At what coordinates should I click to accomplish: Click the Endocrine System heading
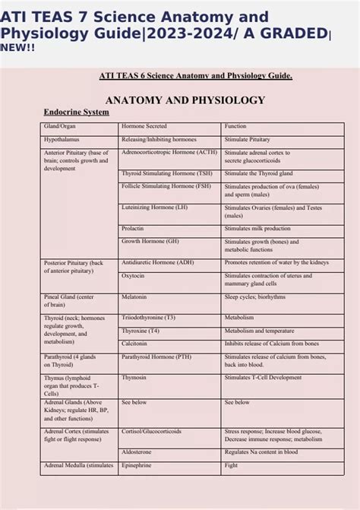[x=77, y=112]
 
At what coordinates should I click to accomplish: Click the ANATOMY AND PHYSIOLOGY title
[x=185, y=100]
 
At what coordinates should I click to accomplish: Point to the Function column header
[x=236, y=126]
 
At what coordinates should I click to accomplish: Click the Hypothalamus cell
[x=63, y=140]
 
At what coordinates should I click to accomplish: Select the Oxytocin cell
[x=134, y=276]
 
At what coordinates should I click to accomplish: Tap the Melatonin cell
[x=135, y=297]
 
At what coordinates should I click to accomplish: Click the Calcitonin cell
[x=135, y=344]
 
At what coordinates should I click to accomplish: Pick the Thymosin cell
[x=134, y=377]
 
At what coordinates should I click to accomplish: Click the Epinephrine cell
[x=138, y=464]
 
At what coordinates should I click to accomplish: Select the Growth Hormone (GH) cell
[x=150, y=241]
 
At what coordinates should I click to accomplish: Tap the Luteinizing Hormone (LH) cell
[x=154, y=207]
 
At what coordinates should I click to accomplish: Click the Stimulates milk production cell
[x=257, y=228]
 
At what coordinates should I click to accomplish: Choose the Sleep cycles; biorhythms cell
[x=254, y=297]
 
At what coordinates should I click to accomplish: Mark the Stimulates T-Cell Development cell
[x=263, y=377]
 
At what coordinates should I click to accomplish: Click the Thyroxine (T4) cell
[x=141, y=331]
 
